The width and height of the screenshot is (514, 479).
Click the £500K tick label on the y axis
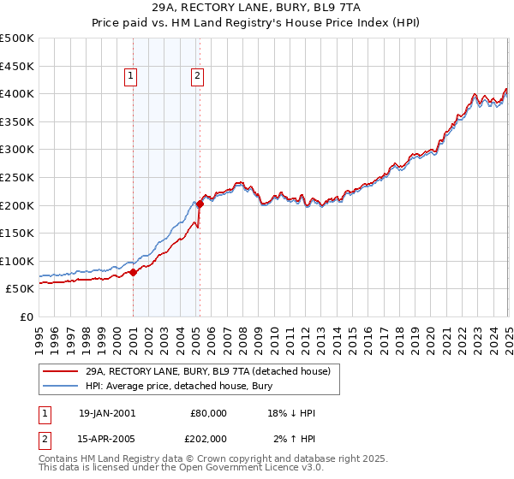point(16,38)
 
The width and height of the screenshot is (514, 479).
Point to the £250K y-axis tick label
point(16,177)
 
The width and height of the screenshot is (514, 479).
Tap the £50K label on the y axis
point(20,289)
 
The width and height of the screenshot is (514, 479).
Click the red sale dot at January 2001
point(134,273)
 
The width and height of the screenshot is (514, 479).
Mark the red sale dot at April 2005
point(200,204)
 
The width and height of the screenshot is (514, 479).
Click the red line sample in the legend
point(61,370)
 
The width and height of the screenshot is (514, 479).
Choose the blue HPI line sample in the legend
point(61,386)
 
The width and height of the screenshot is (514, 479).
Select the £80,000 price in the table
point(209,413)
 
